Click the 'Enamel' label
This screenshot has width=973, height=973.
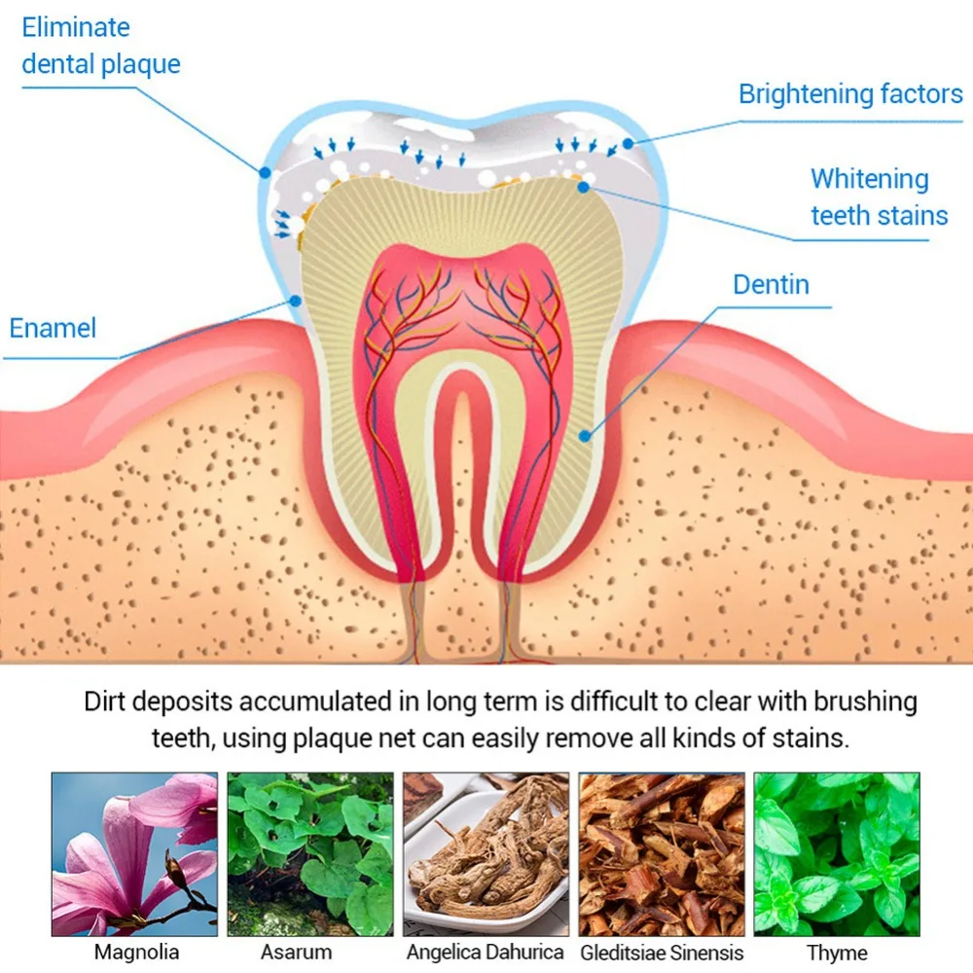[x=53, y=328]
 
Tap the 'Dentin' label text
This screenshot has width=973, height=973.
[x=771, y=285]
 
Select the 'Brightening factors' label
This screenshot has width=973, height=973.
[x=850, y=94]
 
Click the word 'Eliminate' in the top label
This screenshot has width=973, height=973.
[x=76, y=27]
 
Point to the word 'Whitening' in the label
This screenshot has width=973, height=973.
[x=869, y=179]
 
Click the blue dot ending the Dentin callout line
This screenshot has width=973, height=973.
[x=584, y=436]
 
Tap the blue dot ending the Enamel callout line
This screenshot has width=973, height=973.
[x=296, y=301]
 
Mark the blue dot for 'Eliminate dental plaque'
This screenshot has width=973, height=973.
[x=265, y=172]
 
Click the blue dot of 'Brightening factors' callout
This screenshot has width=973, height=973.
[x=628, y=143]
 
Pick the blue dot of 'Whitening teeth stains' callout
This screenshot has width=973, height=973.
[x=583, y=187]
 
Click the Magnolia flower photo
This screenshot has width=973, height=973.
[x=134, y=854]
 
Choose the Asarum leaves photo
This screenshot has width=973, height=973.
[x=310, y=854]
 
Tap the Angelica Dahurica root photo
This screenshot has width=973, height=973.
[x=486, y=854]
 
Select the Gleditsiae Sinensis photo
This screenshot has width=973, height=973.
[x=662, y=854]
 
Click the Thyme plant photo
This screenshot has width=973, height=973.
[x=837, y=854]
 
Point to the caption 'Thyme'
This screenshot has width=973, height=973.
[x=837, y=953]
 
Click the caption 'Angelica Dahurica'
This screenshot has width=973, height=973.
[x=486, y=952]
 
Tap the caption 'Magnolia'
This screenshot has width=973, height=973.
[x=136, y=952]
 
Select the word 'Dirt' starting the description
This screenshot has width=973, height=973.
[x=105, y=702]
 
